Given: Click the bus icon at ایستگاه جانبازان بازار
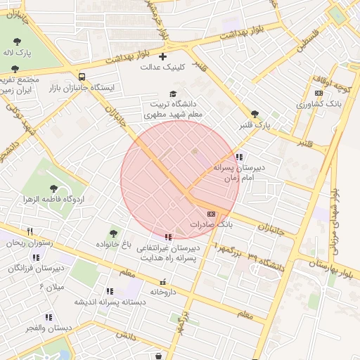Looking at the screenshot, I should tap(82, 77).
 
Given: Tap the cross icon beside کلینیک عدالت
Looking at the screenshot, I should tap(163, 56).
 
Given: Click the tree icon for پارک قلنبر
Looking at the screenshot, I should tap(255, 114).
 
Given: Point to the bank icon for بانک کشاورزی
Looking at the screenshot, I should tap(319, 93).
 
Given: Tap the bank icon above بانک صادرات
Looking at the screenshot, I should tap(211, 214).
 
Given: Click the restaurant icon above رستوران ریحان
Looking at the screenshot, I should tap(30, 231).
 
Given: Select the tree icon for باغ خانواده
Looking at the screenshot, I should tap(113, 233).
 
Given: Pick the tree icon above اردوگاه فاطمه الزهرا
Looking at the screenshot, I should tap(53, 188).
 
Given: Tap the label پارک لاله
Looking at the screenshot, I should tap(17, 53).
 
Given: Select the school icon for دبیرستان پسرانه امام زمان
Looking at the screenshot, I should tap(240, 157).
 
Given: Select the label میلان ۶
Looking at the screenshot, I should tap(51, 286).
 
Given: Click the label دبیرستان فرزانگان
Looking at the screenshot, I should tap(41, 267).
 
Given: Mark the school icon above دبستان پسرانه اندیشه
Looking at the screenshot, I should tap(110, 291).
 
